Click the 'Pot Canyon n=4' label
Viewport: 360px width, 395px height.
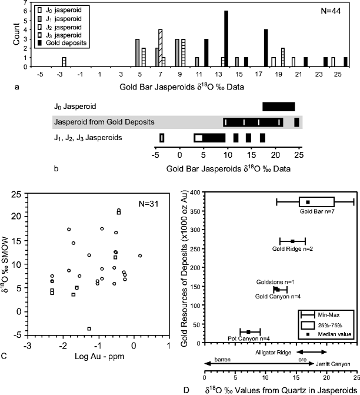click(248, 338)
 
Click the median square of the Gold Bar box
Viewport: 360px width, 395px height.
click(308, 202)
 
